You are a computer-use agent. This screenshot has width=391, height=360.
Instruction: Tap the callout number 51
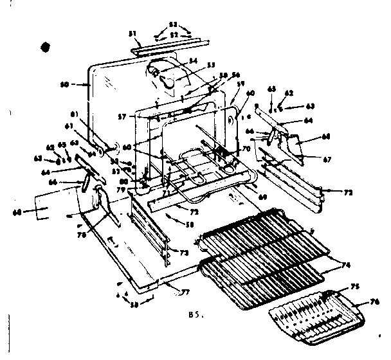(x=133, y=33)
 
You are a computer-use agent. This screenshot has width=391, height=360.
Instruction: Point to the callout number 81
(x=74, y=114)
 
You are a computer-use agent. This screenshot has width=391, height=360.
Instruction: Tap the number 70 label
(x=245, y=149)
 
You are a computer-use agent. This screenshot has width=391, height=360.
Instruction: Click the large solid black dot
(x=45, y=46)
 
